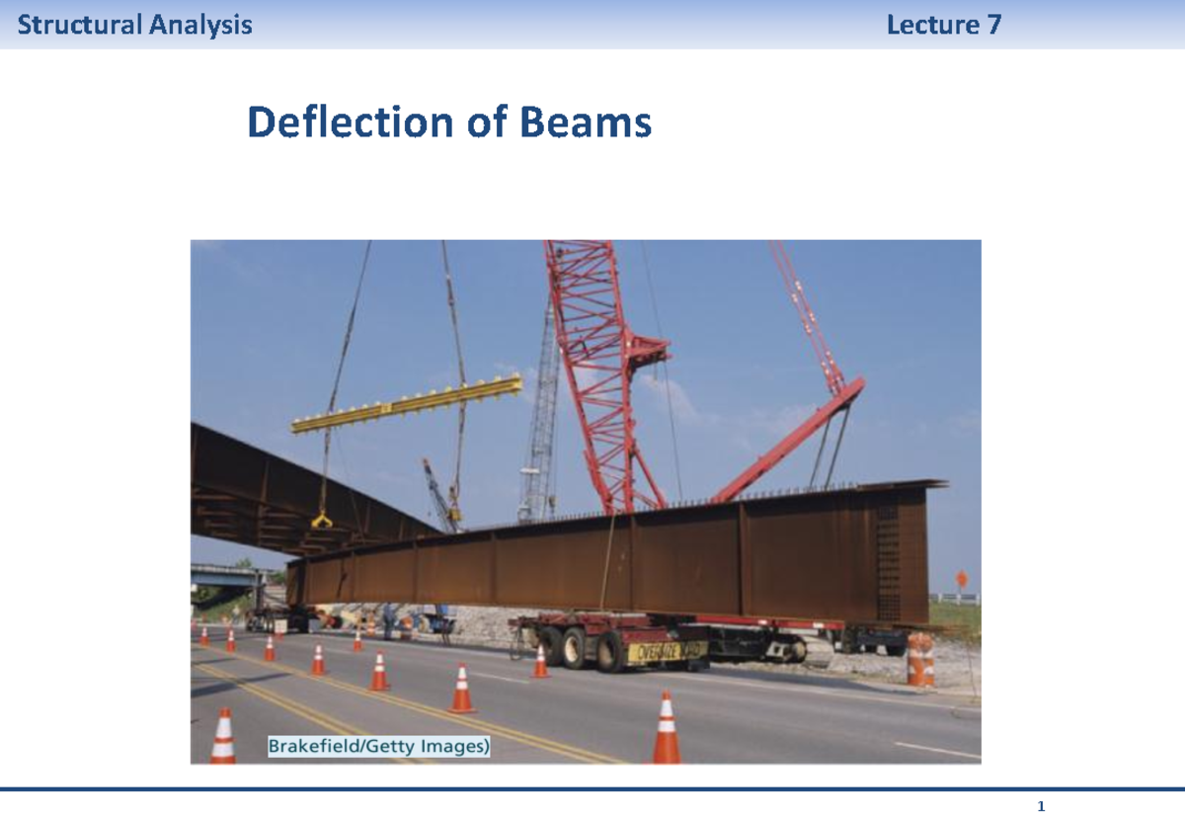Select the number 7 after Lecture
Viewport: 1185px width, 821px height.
(993, 25)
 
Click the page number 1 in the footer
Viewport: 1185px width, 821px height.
(1041, 807)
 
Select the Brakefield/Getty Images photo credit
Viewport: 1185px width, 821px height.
(378, 747)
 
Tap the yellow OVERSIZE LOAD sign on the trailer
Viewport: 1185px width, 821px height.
(667, 651)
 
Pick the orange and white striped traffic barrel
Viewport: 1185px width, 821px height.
(919, 659)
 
